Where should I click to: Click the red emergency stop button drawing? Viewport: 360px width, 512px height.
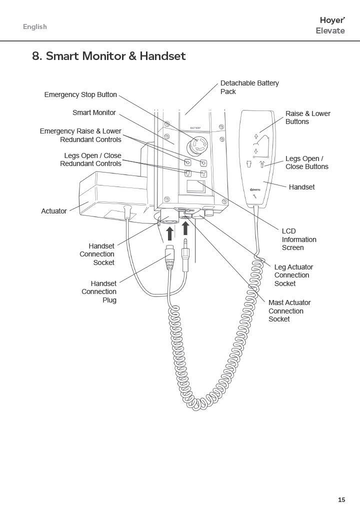[197, 144]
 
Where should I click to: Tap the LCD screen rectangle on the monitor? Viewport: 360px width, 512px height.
[195, 186]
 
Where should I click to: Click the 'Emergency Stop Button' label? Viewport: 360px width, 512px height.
[80, 94]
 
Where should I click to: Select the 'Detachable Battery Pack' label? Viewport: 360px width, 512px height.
[249, 87]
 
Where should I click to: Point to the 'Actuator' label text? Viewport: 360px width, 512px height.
[54, 211]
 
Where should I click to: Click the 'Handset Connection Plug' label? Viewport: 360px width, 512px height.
[99, 291]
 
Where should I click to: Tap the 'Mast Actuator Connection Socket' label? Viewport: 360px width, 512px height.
[289, 311]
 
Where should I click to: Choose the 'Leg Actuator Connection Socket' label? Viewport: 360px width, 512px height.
[293, 275]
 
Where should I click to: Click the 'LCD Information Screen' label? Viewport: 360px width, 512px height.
[299, 239]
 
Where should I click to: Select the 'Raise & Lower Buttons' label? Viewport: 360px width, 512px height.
[307, 117]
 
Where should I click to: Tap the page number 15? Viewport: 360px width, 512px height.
[341, 499]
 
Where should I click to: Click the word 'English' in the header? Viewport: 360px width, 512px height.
[35, 27]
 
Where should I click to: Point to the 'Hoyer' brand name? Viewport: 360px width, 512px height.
[332, 20]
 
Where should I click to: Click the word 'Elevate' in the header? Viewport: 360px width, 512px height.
[330, 30]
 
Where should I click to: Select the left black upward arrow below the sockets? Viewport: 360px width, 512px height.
[170, 233]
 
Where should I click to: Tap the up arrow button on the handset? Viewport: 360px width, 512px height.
[256, 136]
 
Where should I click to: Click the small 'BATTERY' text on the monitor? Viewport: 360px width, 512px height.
[195, 128]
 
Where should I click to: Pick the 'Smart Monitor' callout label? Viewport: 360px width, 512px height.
[94, 112]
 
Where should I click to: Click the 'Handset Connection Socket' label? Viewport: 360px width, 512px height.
[97, 254]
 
